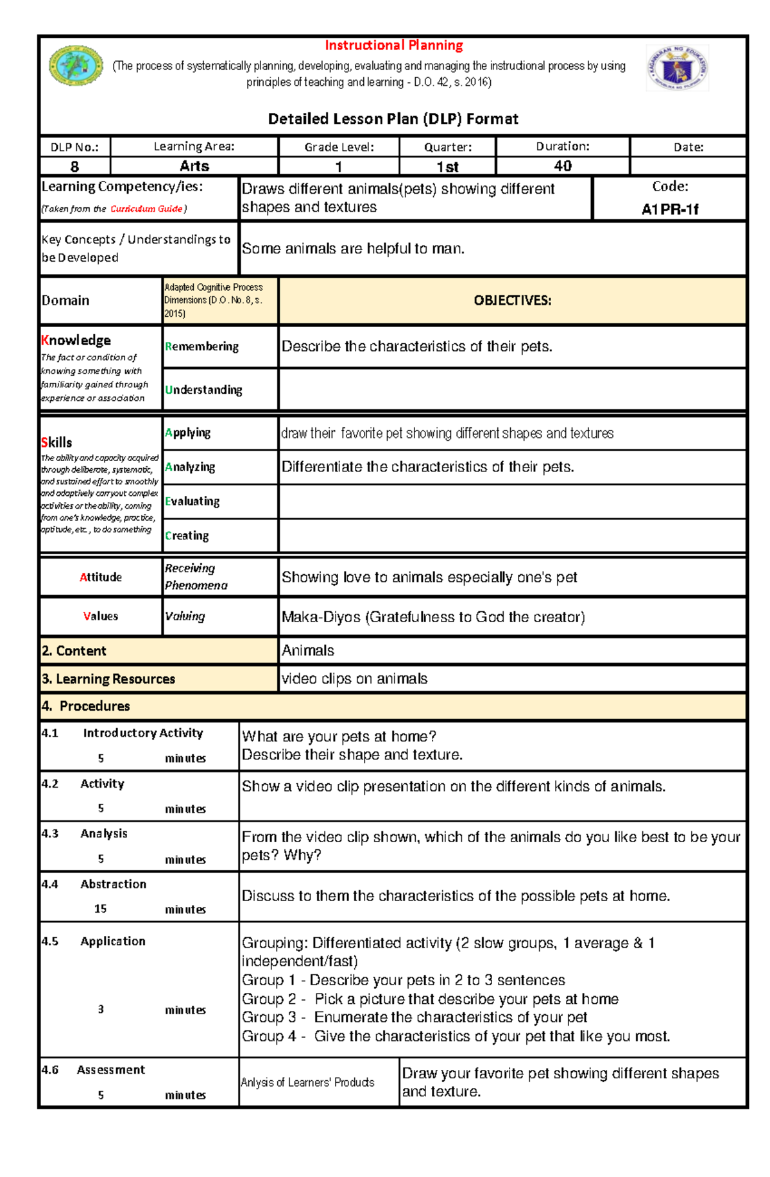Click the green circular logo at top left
click(76, 65)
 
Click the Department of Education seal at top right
click(677, 67)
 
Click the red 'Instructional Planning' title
click(393, 46)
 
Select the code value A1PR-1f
click(670, 209)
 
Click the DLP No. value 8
click(74, 167)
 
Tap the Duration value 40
click(563, 166)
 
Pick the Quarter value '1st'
click(447, 167)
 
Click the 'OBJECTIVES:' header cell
click(512, 300)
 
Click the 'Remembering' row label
click(202, 346)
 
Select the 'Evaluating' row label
click(193, 501)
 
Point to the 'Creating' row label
click(187, 536)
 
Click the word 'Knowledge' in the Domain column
click(76, 340)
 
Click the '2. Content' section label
click(74, 650)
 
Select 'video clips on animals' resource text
click(354, 679)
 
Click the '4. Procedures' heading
click(85, 706)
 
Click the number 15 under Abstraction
click(100, 909)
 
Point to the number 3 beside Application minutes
click(101, 1009)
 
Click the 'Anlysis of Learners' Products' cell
click(307, 1082)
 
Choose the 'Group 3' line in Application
click(415, 1017)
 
